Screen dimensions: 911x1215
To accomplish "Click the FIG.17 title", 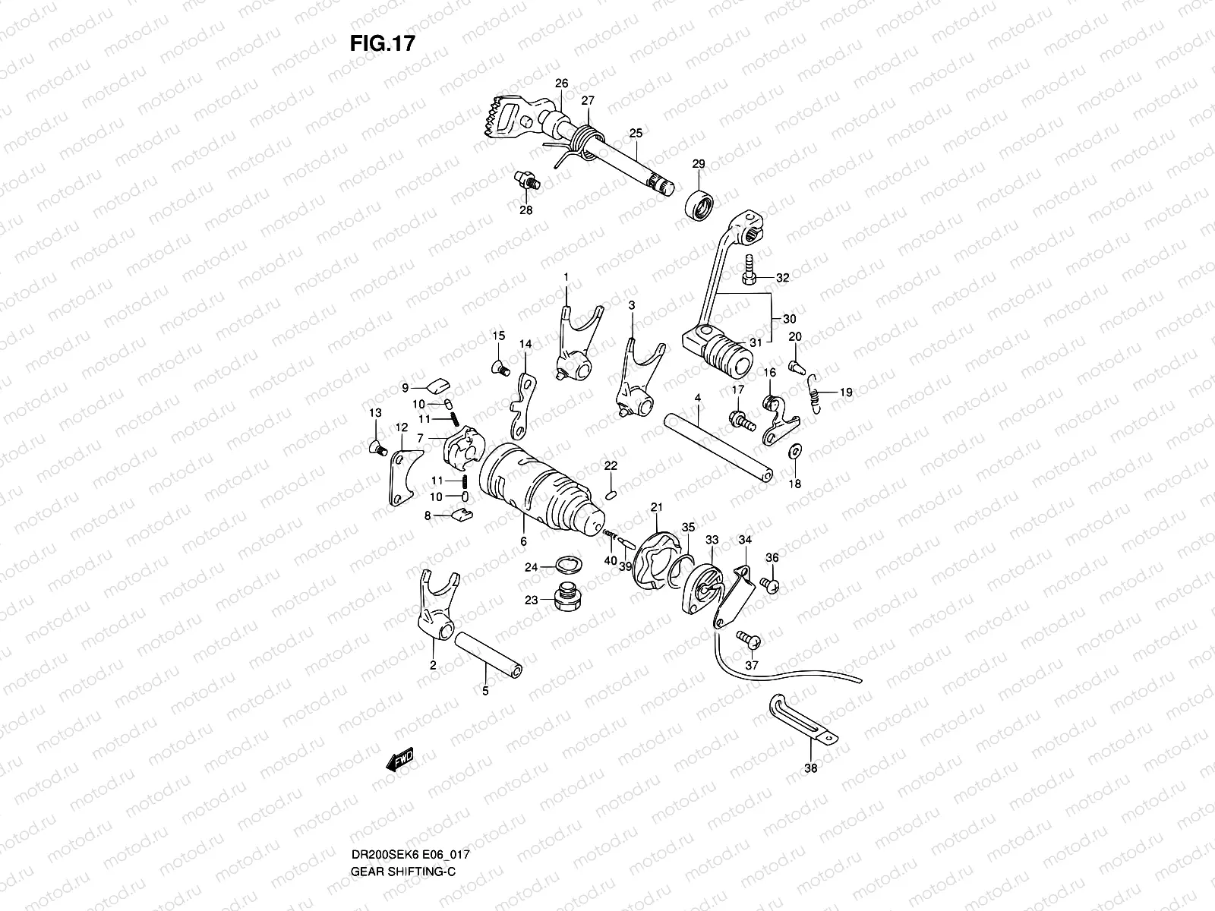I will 382,43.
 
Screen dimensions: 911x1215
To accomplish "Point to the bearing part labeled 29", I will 702,205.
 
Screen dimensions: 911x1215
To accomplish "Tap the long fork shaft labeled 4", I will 718,447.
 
